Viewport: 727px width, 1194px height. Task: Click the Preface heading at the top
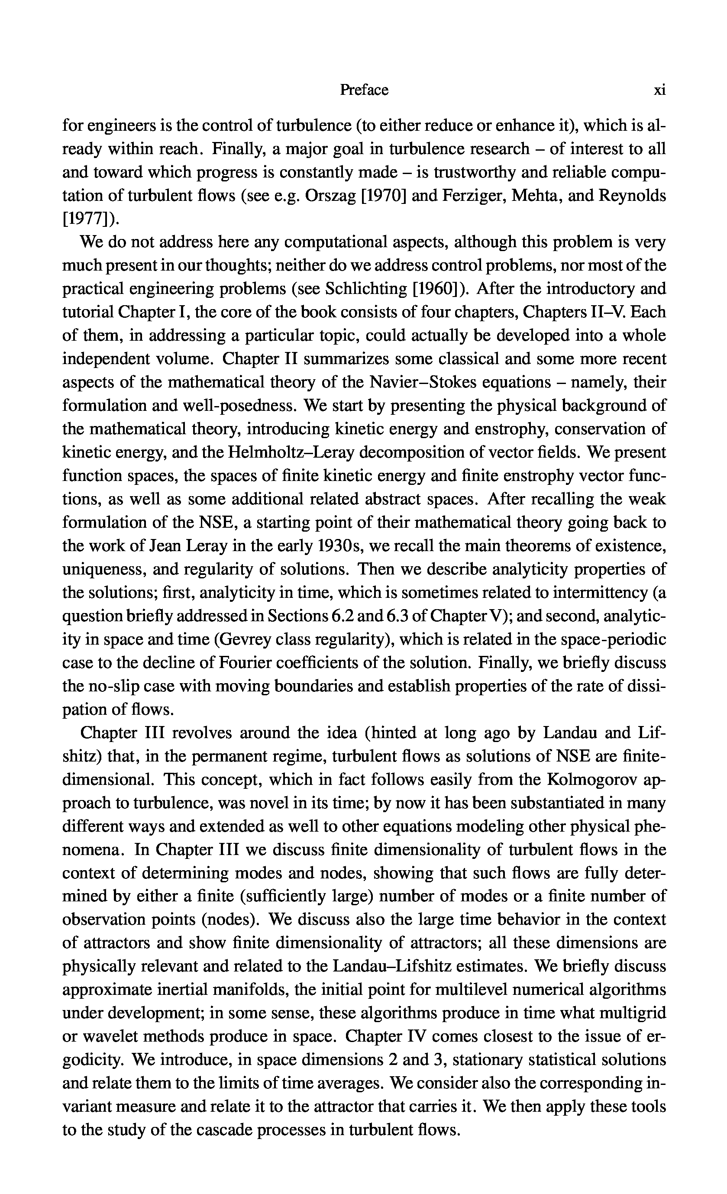click(364, 90)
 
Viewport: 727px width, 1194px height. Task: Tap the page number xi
click(659, 90)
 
